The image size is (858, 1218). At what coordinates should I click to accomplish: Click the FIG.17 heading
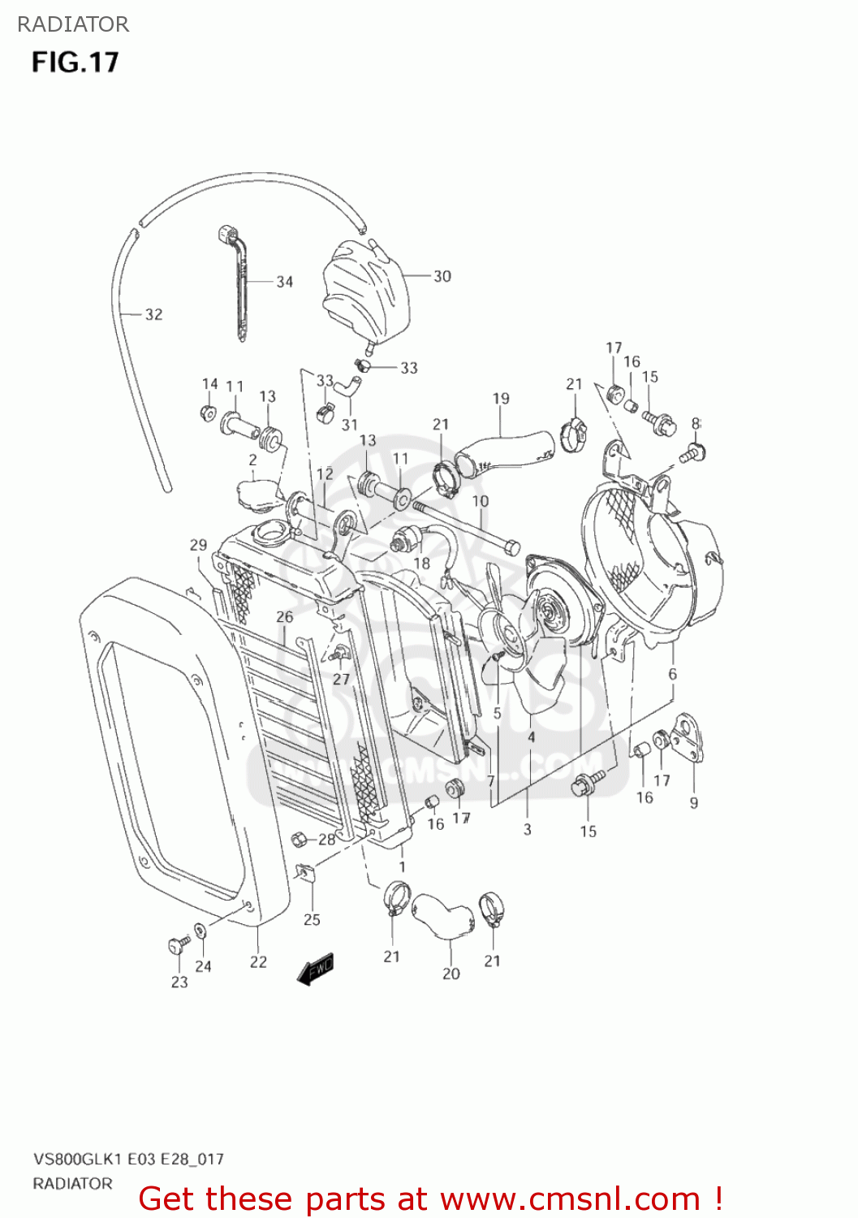(75, 63)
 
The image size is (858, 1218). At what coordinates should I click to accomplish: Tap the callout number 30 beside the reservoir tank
(442, 276)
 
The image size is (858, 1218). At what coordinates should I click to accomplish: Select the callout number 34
(284, 282)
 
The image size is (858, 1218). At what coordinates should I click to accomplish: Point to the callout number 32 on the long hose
(153, 314)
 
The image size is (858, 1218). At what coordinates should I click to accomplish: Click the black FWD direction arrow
(316, 969)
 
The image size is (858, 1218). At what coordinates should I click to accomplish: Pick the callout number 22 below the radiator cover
(258, 961)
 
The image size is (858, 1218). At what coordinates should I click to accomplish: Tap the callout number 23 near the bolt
(179, 982)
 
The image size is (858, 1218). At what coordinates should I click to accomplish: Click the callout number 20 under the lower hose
(451, 974)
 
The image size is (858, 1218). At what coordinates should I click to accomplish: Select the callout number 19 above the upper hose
(501, 399)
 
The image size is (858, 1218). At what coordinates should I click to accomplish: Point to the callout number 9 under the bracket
(694, 802)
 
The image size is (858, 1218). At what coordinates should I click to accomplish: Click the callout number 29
(199, 545)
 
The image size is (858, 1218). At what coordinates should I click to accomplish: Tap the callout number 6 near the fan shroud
(672, 674)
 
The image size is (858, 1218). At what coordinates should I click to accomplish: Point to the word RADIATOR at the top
(73, 24)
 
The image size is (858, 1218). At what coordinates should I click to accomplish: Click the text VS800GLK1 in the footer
(77, 1159)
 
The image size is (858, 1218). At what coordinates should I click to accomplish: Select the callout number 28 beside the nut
(326, 839)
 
